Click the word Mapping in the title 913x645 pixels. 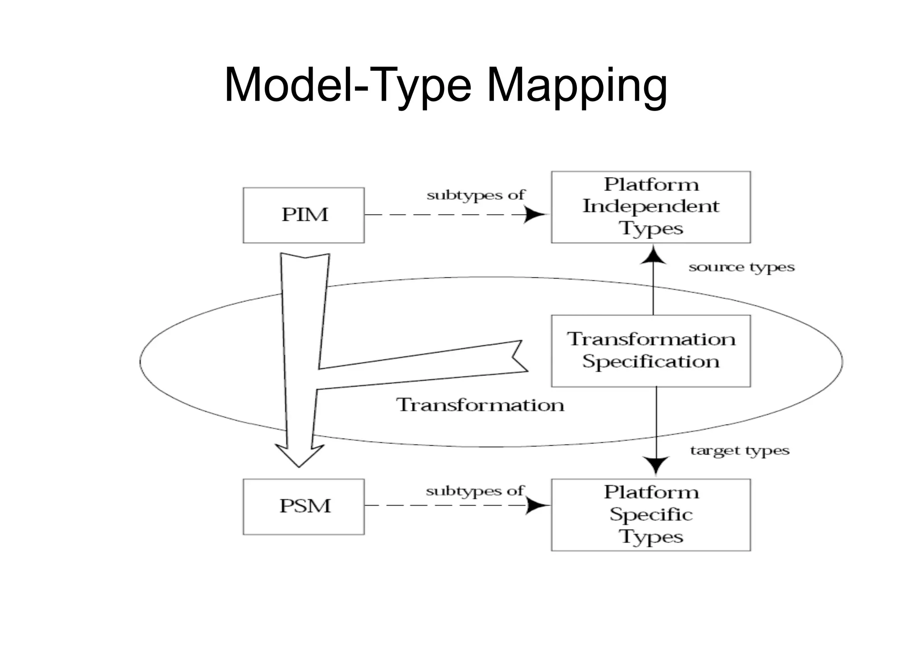coord(577,86)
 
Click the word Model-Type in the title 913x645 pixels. coord(348,86)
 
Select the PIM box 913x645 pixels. coord(304,215)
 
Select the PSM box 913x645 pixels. coord(304,506)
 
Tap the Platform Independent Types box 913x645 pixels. coord(650,207)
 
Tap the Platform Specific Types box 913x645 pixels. coord(650,514)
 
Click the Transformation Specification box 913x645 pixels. coord(650,351)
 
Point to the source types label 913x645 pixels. coord(741,267)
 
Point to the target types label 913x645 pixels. coord(740,451)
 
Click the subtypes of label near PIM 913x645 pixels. coord(476,195)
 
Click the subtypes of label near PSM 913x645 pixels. coord(475,491)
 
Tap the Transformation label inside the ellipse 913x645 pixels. coord(480,405)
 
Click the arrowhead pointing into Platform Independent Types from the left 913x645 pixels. coord(535,214)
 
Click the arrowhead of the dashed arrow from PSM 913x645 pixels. coord(537,505)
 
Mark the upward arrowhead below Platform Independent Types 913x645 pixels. coord(653,256)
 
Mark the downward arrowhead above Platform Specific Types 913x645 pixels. coord(656,465)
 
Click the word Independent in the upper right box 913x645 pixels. coord(650,206)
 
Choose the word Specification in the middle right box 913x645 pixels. coord(650,362)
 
